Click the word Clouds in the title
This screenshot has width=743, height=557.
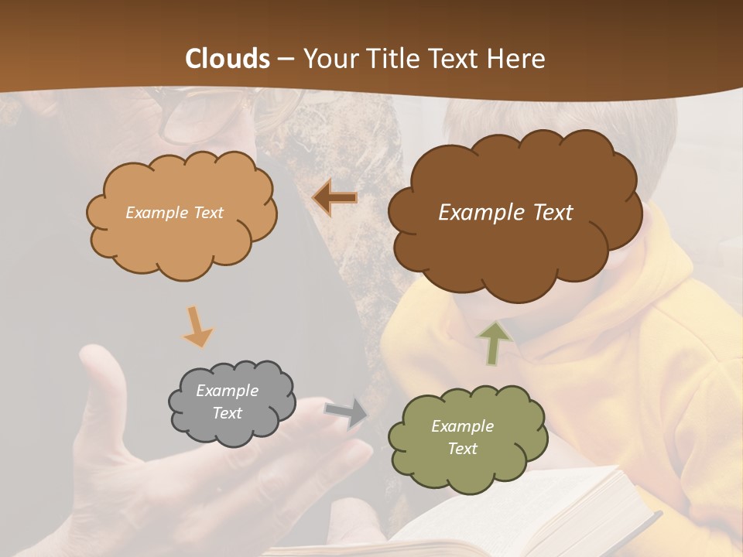228,59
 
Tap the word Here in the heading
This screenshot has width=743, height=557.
518,59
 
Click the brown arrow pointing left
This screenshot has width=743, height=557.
335,198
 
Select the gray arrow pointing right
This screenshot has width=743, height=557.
346,413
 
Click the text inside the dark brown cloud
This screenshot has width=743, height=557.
505,213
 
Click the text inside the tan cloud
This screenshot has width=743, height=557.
174,213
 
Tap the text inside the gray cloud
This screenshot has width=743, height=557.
227,402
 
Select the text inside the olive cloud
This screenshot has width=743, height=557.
462,437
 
